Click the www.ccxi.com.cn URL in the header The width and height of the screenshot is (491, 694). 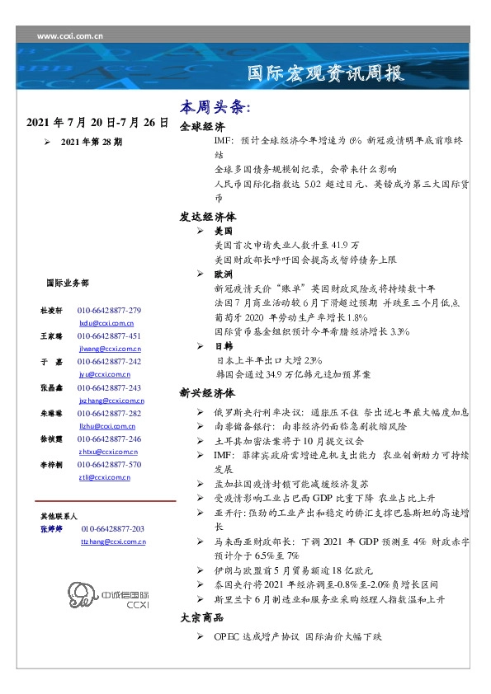(70, 36)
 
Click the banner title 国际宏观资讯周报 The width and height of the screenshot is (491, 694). (326, 74)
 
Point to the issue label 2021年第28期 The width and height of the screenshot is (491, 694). (92, 142)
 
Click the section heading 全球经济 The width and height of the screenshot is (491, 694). (201, 129)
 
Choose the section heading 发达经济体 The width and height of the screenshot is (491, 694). (207, 217)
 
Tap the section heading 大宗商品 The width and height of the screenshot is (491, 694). (201, 617)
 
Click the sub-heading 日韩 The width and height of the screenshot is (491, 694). (224, 346)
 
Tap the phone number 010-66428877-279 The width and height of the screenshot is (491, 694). (109, 310)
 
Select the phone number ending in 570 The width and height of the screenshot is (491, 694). (109, 464)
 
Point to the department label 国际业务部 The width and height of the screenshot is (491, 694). (68, 283)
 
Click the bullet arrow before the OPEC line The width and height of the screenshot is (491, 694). (202, 637)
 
